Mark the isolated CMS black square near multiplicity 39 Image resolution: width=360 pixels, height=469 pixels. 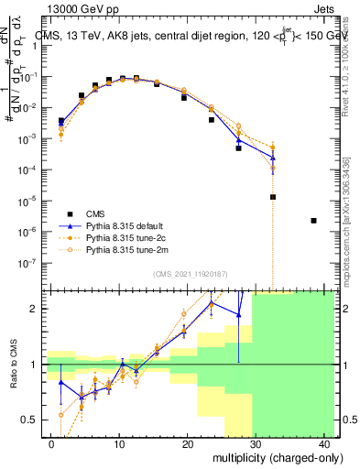click(314, 221)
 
